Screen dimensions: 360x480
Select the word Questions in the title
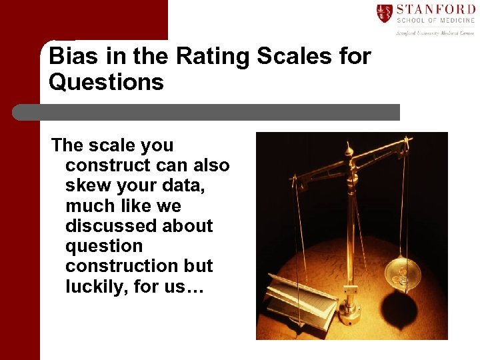click(x=106, y=82)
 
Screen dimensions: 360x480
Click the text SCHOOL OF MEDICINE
click(x=435, y=21)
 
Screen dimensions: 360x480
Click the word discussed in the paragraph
click(x=114, y=225)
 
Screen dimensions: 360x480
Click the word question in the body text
click(x=104, y=245)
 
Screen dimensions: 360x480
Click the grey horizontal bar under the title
click(x=207, y=112)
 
